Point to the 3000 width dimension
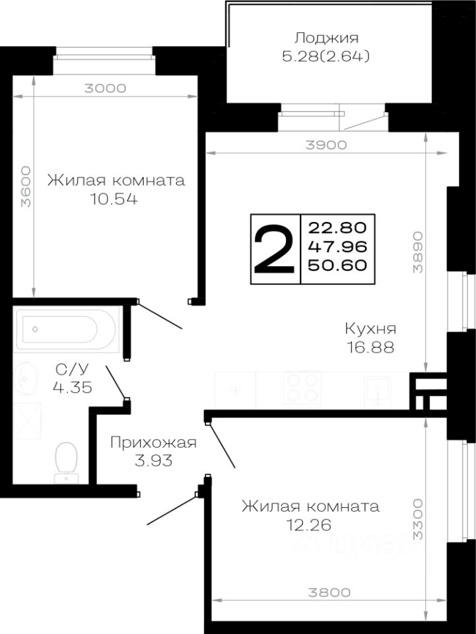pos(106,88)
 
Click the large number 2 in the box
pos(274,250)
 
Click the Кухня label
pos(370,328)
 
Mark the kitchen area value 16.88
pos(370,347)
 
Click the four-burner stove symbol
pos(302,388)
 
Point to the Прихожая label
pos(153,442)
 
